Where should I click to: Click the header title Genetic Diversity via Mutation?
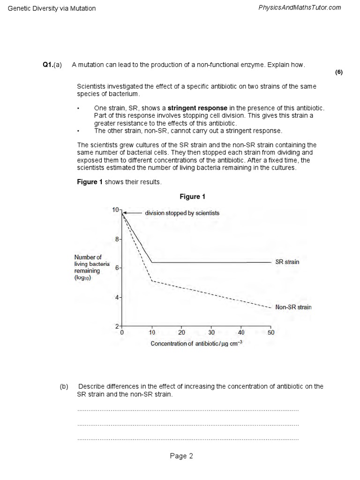coord(52,8)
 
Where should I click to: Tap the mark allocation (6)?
coord(339,72)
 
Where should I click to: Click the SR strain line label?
coord(287,262)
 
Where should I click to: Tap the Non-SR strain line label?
coord(293,307)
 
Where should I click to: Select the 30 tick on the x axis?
coord(211,332)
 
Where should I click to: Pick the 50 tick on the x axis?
coord(271,332)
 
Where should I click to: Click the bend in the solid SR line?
coord(152,262)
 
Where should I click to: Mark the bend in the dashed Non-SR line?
coord(152,281)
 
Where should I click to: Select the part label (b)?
coord(64,386)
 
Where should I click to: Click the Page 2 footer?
coord(181,456)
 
